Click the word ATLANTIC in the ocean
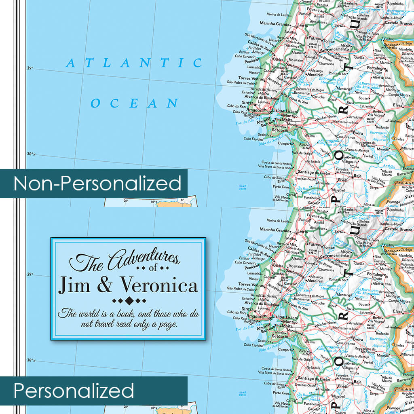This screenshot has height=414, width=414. [x=134, y=63]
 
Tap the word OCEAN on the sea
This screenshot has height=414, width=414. [x=134, y=103]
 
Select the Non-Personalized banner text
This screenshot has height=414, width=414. [x=97, y=184]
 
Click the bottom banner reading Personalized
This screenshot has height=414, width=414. [x=74, y=391]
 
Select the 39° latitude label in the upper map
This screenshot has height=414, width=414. [x=30, y=68]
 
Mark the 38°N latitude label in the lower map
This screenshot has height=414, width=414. [x=31, y=360]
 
